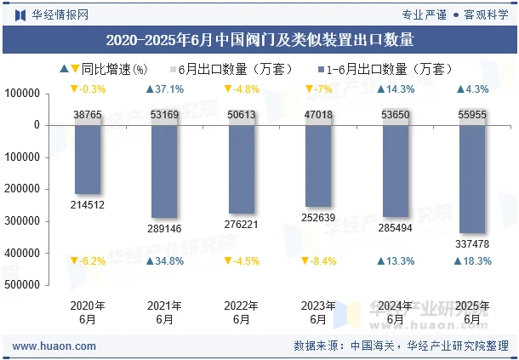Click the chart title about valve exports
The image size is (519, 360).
259,39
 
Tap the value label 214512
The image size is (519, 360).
88,204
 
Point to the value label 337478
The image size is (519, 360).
472,244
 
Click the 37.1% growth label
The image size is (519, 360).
164,89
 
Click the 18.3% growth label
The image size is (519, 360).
472,261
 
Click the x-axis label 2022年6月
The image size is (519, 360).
242,312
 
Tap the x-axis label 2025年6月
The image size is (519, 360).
472,312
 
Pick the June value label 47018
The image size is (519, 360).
318,114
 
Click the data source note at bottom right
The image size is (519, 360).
400,346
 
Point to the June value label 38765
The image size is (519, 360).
88,114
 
